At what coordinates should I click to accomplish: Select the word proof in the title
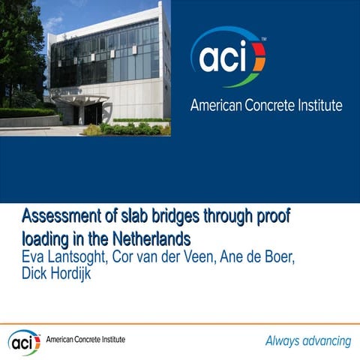(x=268, y=218)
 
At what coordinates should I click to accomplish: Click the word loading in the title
(x=44, y=240)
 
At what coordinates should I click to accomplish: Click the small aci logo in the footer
(x=25, y=341)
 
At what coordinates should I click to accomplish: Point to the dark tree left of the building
(x=19, y=60)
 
